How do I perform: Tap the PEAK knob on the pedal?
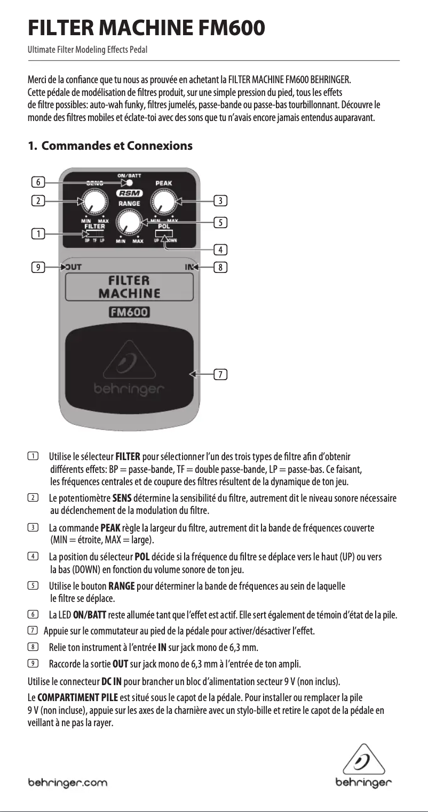[164, 202]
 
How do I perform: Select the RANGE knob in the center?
[128, 221]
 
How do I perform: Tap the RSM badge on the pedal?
[129, 194]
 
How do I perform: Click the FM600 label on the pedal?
[129, 312]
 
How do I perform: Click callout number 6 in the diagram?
[37, 182]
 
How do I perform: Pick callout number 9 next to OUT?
[37, 267]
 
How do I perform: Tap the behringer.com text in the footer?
[67, 783]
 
